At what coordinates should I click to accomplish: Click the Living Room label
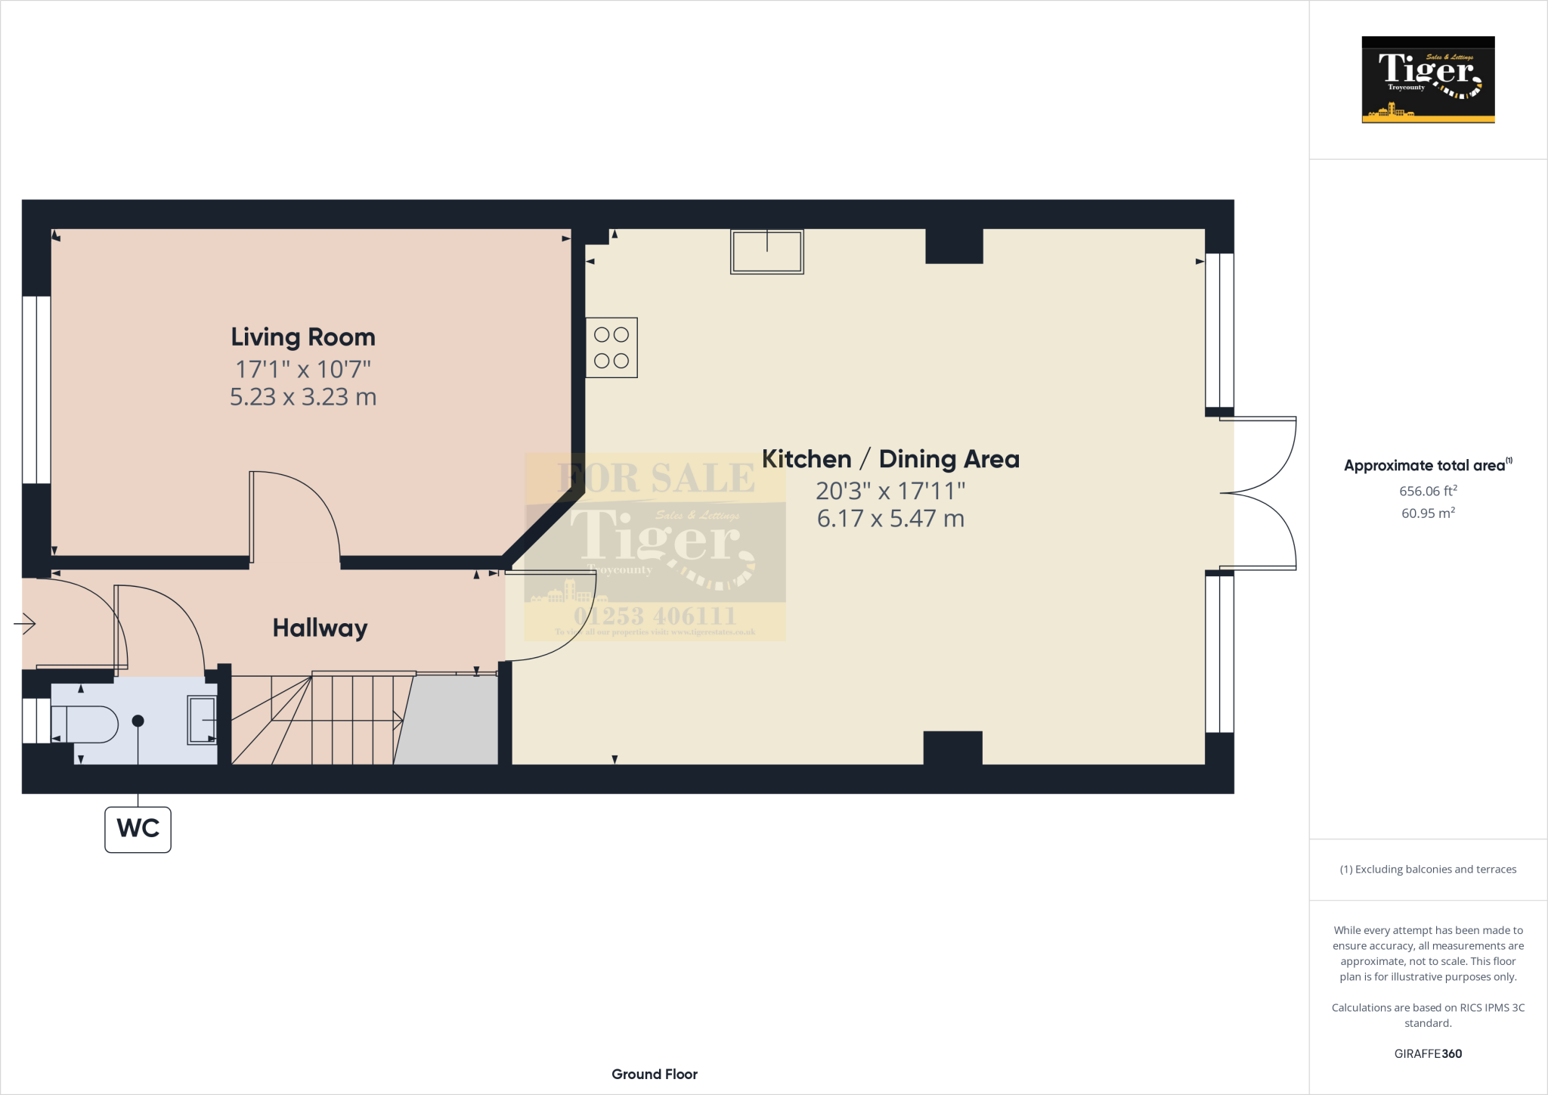click(303, 337)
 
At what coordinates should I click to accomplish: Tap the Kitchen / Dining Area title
click(890, 459)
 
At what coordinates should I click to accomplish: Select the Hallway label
click(320, 628)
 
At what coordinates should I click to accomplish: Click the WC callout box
click(138, 829)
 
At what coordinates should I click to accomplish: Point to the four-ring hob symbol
click(611, 348)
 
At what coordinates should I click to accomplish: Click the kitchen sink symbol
click(766, 251)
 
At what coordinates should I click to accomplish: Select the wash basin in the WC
click(202, 720)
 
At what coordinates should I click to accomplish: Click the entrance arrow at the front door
click(25, 624)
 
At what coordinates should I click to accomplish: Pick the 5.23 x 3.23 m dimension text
click(303, 397)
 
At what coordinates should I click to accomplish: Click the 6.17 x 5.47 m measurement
click(890, 519)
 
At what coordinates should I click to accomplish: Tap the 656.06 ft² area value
click(1428, 491)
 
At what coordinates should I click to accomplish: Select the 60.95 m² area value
click(1428, 513)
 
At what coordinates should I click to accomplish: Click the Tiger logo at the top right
click(1428, 79)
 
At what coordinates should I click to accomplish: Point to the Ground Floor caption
click(655, 1074)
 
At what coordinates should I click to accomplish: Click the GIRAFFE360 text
click(1428, 1053)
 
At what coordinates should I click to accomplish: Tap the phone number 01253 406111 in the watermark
click(655, 616)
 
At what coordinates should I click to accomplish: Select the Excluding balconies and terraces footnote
click(1428, 870)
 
